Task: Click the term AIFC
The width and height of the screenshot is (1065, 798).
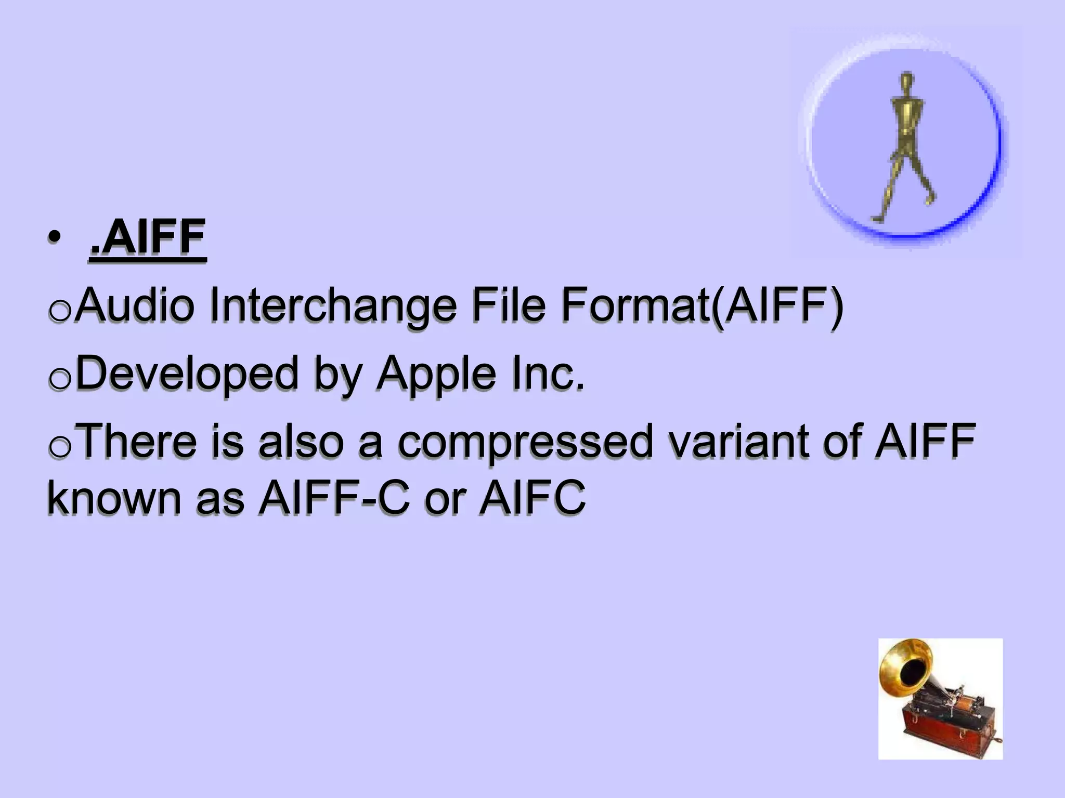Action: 532,498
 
